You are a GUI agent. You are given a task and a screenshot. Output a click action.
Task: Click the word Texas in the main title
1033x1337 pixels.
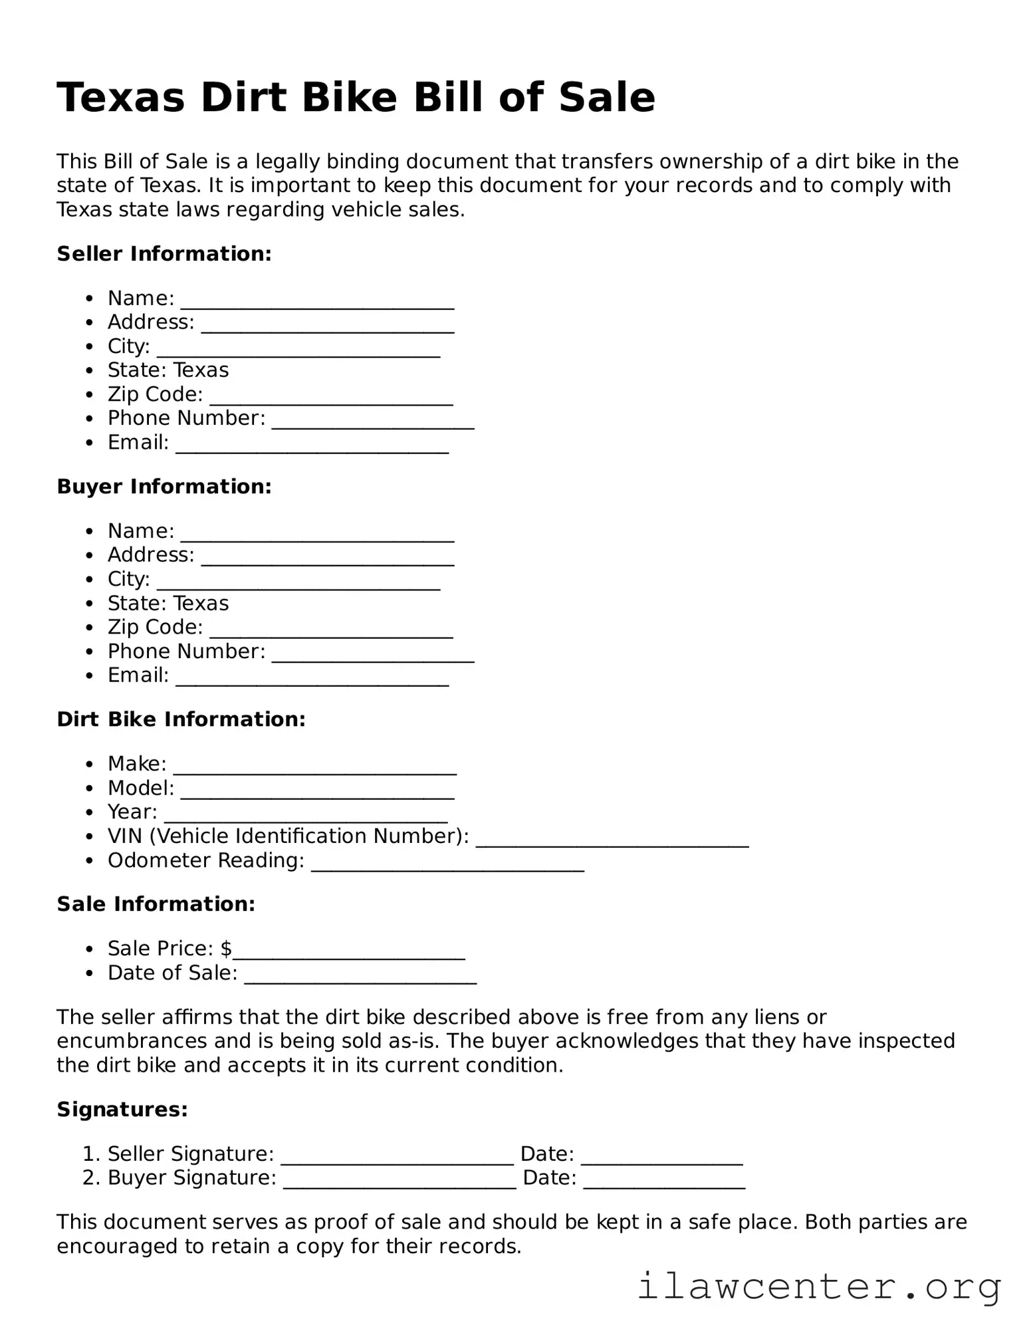tap(120, 98)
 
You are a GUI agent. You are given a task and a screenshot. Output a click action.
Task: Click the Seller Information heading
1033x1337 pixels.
tap(164, 254)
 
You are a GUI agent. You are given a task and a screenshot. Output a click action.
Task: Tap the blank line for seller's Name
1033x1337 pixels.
tap(317, 301)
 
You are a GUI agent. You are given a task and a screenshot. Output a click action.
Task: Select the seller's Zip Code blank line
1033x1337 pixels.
tap(331, 397)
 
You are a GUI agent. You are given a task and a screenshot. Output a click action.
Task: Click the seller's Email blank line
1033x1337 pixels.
tap(312, 445)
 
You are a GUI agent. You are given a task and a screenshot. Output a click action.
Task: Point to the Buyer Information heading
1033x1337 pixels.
tap(164, 487)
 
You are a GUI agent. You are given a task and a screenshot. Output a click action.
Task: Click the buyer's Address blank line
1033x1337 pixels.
tap(327, 557)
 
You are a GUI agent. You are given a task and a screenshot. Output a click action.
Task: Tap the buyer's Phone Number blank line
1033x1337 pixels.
tap(373, 654)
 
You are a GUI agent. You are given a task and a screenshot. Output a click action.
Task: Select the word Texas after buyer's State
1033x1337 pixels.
tap(201, 604)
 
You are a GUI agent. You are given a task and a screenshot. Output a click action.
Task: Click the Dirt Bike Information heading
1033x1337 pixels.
tap(181, 719)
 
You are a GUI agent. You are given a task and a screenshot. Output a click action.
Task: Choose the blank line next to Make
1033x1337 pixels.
tap(314, 766)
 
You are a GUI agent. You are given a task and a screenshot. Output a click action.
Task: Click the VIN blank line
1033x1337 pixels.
tap(612, 838)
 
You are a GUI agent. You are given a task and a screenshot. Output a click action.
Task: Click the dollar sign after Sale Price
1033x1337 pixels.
tap(226, 949)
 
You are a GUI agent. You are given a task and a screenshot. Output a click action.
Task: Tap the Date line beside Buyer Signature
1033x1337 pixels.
tap(664, 1179)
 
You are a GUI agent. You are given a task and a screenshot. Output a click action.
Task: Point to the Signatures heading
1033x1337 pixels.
tap(122, 1110)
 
